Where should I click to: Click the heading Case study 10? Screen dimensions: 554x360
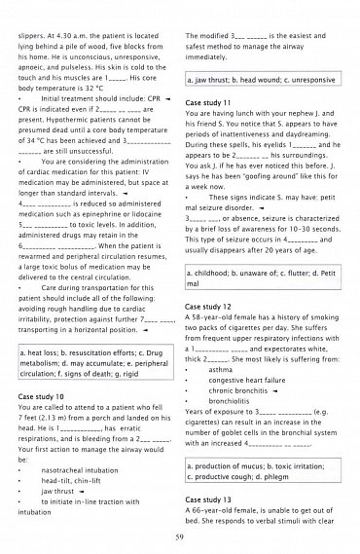click(x=42, y=397)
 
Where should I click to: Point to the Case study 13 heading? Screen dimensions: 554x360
click(x=208, y=499)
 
